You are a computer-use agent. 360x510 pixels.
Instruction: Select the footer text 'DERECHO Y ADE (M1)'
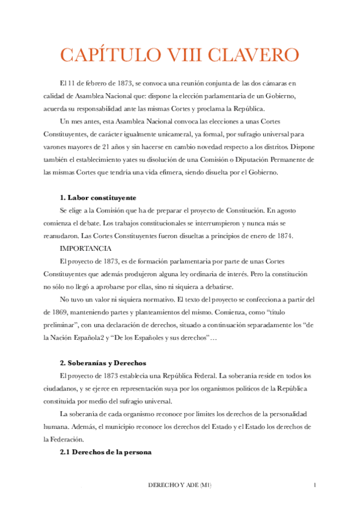point(180,485)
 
